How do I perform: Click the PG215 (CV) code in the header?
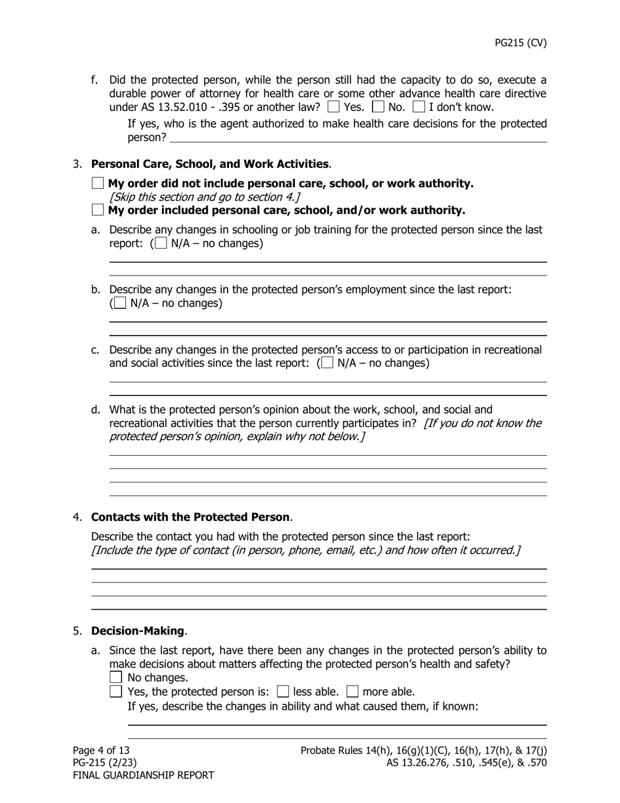tap(520, 43)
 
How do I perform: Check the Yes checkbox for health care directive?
tap(333, 106)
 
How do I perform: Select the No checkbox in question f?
tap(378, 106)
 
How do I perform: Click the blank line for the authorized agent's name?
tap(358, 137)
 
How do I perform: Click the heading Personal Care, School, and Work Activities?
tap(209, 164)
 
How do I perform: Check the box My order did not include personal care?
tap(98, 183)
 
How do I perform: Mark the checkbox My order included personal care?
tap(98, 210)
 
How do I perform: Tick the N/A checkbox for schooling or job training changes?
tap(161, 244)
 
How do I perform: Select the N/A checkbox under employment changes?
tap(120, 303)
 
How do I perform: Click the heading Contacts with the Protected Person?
tap(190, 517)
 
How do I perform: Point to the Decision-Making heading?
tap(138, 631)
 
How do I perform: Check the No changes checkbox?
tap(117, 677)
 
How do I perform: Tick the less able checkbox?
tap(283, 691)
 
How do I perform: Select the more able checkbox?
tap(352, 691)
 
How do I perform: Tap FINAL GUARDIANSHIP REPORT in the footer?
tap(143, 775)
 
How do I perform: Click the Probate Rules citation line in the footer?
tap(424, 750)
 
